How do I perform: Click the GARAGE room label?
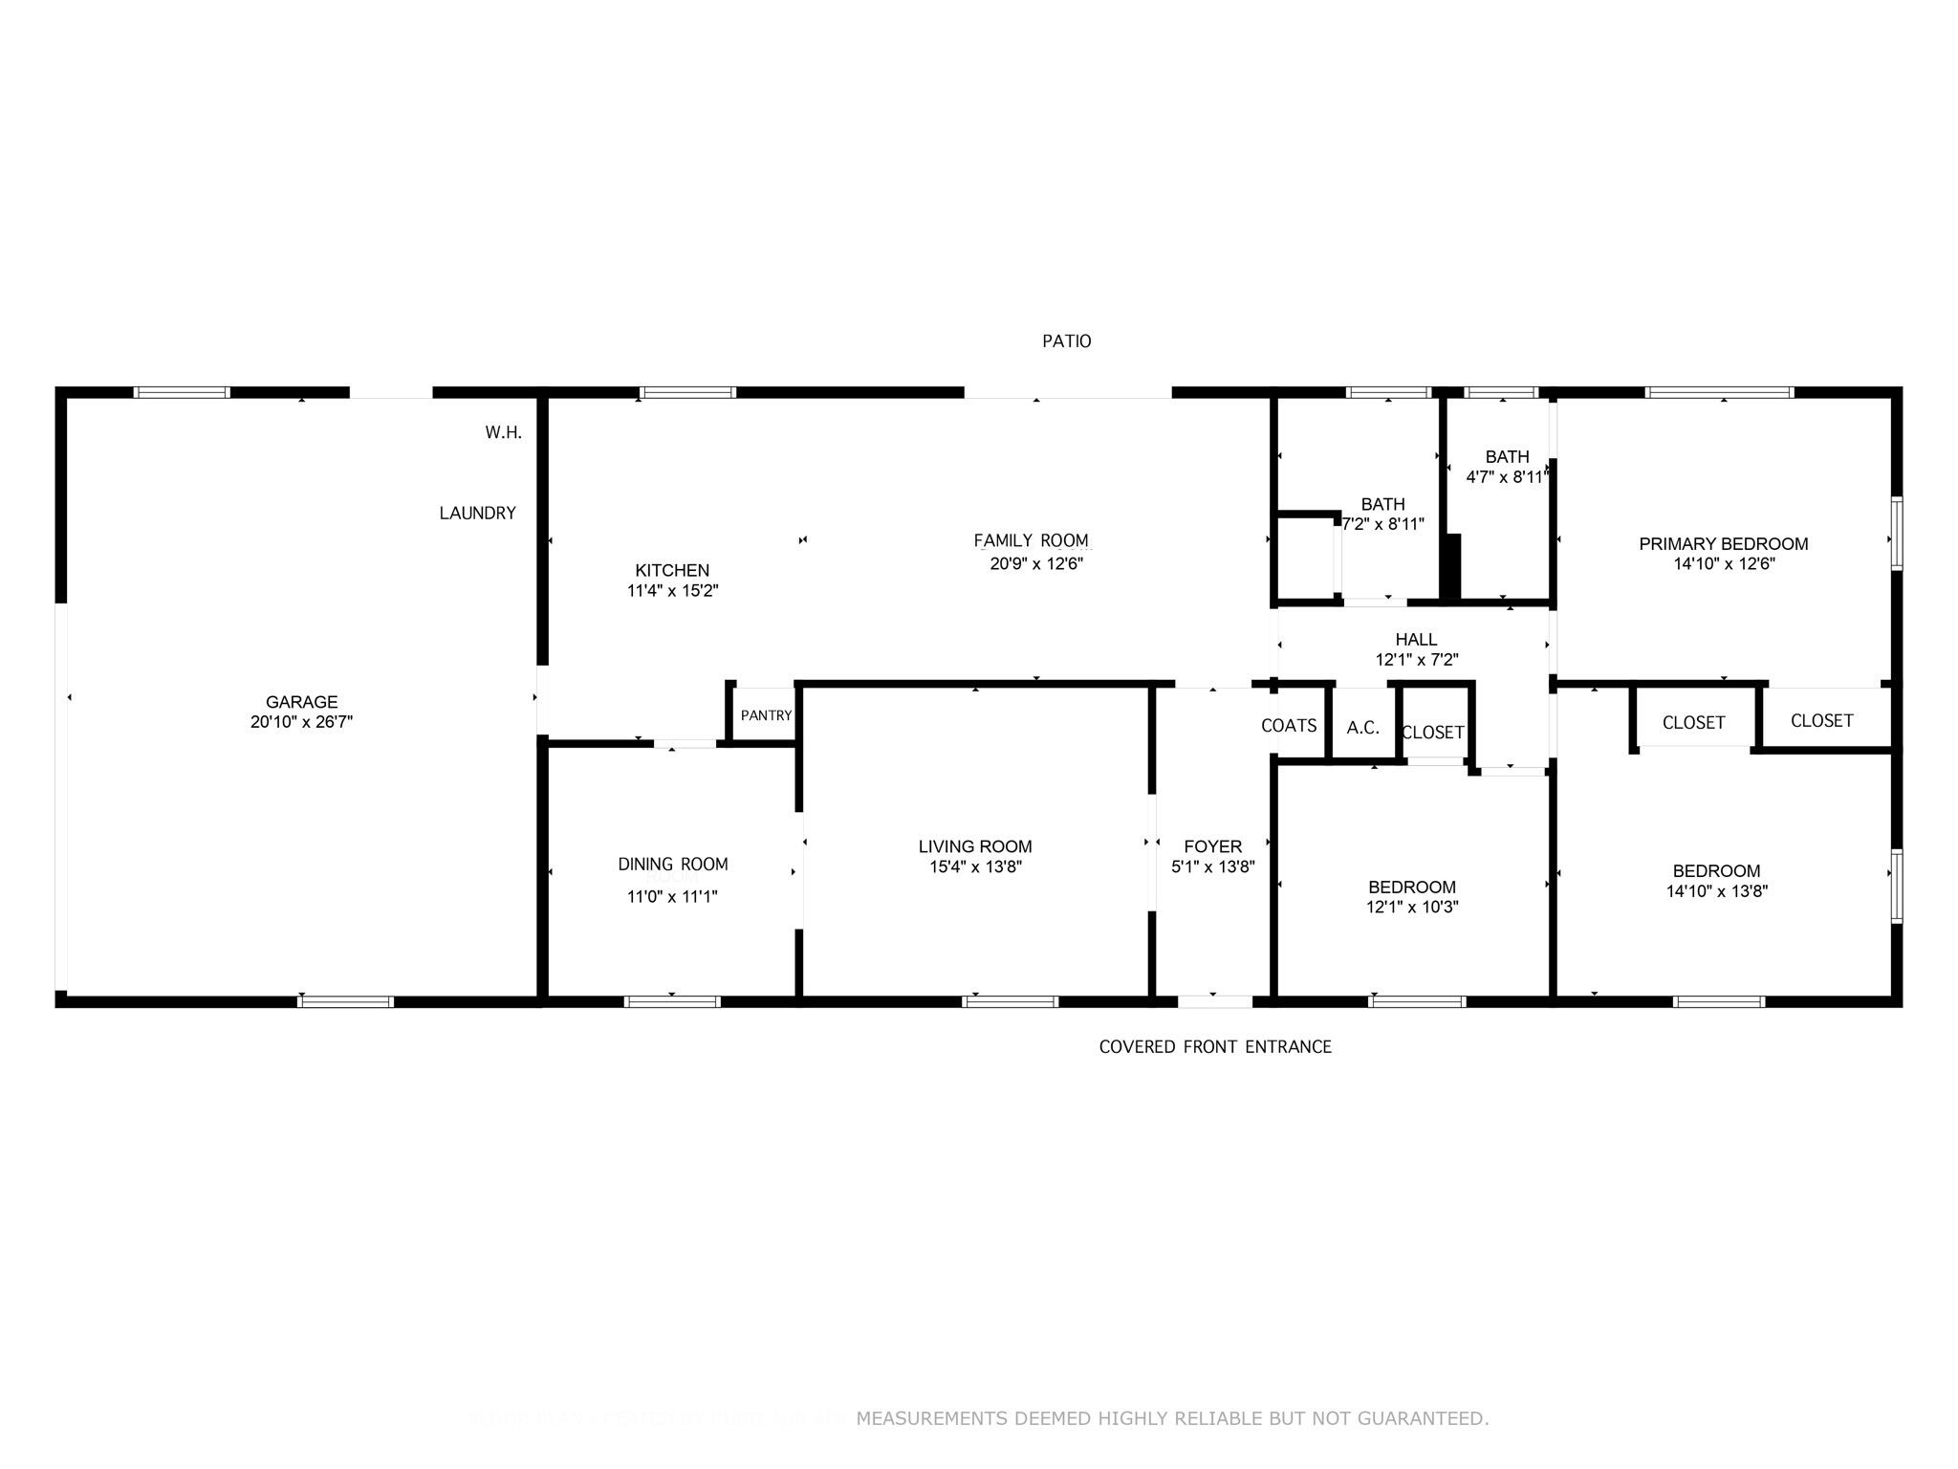(x=301, y=702)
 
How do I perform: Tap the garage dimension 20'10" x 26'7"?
(x=301, y=723)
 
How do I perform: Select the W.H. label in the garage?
(x=503, y=432)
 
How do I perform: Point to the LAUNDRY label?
(x=477, y=514)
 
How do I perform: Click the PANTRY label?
(x=766, y=715)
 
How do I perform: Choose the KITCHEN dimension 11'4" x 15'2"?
(x=672, y=591)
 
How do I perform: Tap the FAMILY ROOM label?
(x=1031, y=540)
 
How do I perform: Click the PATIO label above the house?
(x=1066, y=341)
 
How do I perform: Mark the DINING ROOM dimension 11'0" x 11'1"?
(x=672, y=897)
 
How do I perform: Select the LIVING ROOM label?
(x=974, y=846)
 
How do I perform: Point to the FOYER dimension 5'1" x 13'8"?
(x=1212, y=867)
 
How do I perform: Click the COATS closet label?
(x=1288, y=726)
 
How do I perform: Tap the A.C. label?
(x=1362, y=728)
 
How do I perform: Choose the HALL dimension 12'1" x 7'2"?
(x=1416, y=660)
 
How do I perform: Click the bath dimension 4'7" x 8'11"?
(x=1506, y=477)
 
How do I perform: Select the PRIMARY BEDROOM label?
(x=1723, y=544)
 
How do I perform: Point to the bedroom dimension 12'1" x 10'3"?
(x=1411, y=908)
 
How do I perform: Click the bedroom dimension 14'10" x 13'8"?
(x=1716, y=891)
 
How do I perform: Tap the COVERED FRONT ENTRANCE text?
(x=1214, y=1047)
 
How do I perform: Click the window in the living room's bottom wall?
(x=1010, y=1001)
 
